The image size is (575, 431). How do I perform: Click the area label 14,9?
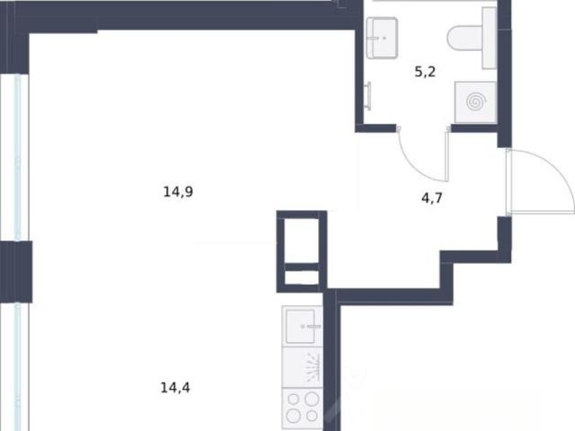click(x=178, y=191)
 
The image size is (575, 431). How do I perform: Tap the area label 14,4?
click(x=175, y=387)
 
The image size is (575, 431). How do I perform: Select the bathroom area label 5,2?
click(x=425, y=72)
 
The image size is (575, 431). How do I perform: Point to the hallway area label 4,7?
click(x=432, y=198)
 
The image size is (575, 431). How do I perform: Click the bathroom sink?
click(x=382, y=38)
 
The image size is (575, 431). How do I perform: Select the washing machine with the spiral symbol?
click(x=475, y=102)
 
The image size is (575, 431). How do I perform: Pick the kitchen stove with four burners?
click(x=302, y=409)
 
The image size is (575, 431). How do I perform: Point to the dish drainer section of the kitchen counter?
click(x=302, y=367)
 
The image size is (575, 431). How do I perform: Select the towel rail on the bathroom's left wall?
click(x=368, y=96)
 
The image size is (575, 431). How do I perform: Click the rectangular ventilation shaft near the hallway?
click(x=302, y=251)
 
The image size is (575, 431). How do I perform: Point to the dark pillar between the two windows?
click(x=16, y=271)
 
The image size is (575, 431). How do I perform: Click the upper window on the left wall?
click(x=17, y=157)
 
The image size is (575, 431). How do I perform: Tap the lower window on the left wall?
click(x=17, y=367)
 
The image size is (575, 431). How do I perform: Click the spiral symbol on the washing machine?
click(x=476, y=101)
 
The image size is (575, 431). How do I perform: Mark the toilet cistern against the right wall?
click(x=489, y=38)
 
